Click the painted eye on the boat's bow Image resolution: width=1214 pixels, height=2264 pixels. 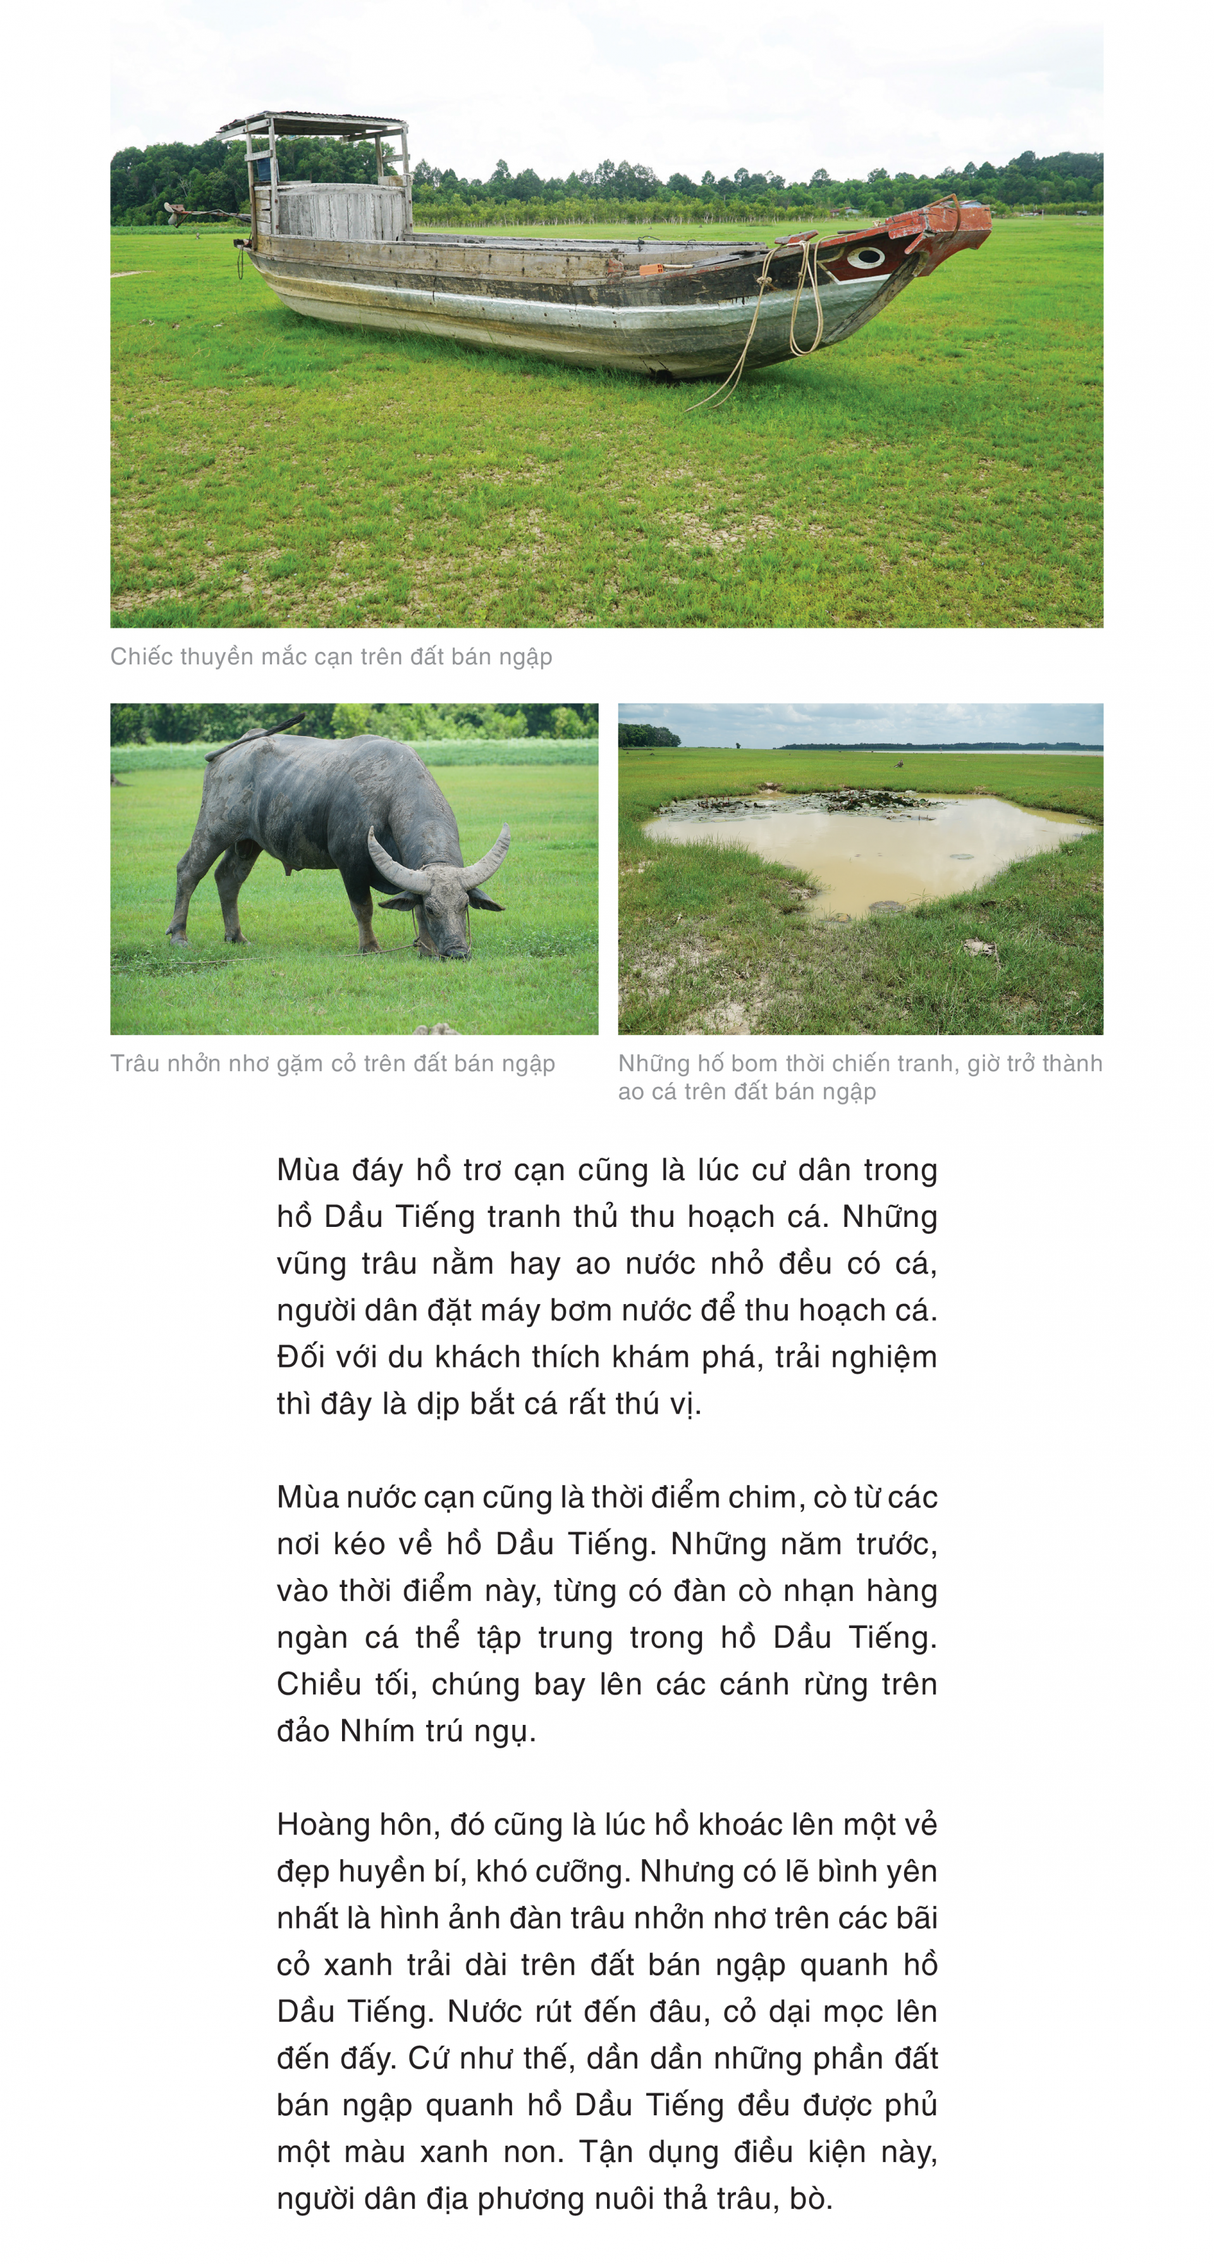pos(864,257)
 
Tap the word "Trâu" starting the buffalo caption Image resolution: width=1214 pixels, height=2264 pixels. pos(133,1064)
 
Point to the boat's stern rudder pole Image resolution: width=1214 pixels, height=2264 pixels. pos(202,213)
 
